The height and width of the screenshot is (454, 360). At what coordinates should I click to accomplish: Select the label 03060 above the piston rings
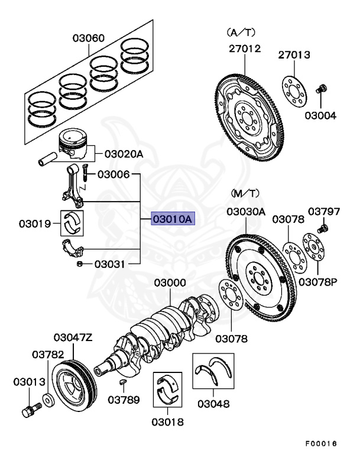tap(89, 38)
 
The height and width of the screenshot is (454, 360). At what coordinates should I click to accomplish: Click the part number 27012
tap(245, 49)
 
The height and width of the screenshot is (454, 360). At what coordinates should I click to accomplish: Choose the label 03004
tap(320, 116)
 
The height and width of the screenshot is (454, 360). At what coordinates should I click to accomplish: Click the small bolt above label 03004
tap(322, 90)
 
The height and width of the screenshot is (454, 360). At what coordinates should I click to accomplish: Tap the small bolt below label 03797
tap(323, 228)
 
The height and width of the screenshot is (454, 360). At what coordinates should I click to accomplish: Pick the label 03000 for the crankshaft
tap(170, 284)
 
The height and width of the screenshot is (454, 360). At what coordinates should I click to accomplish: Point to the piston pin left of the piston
tap(47, 160)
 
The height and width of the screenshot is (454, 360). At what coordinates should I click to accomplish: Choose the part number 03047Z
tap(73, 338)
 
